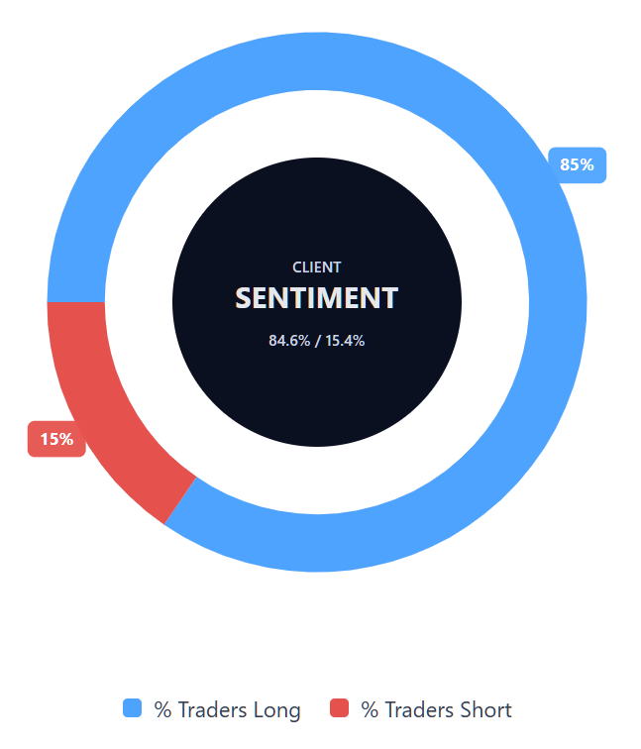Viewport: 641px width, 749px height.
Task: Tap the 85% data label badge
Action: (577, 164)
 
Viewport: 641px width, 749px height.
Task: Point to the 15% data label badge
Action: (56, 439)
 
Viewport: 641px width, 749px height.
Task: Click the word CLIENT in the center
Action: (317, 267)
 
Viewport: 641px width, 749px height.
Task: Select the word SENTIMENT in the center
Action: (317, 298)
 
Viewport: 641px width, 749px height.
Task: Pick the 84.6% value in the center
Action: (289, 341)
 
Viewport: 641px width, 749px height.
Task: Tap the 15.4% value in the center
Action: (345, 341)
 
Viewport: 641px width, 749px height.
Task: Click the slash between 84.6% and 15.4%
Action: (318, 341)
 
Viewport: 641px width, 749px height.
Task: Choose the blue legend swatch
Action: (133, 708)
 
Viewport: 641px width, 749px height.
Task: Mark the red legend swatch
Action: (339, 708)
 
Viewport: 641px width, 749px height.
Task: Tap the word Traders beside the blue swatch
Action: (212, 709)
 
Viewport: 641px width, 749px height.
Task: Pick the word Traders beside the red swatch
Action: (419, 709)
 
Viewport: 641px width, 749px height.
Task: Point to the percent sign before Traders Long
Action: (162, 709)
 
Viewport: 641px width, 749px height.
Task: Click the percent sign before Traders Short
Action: (370, 709)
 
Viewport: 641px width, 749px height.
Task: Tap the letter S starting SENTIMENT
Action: (244, 298)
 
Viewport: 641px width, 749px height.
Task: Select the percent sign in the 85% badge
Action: (588, 164)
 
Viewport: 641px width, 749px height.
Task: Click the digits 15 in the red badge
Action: (49, 439)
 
